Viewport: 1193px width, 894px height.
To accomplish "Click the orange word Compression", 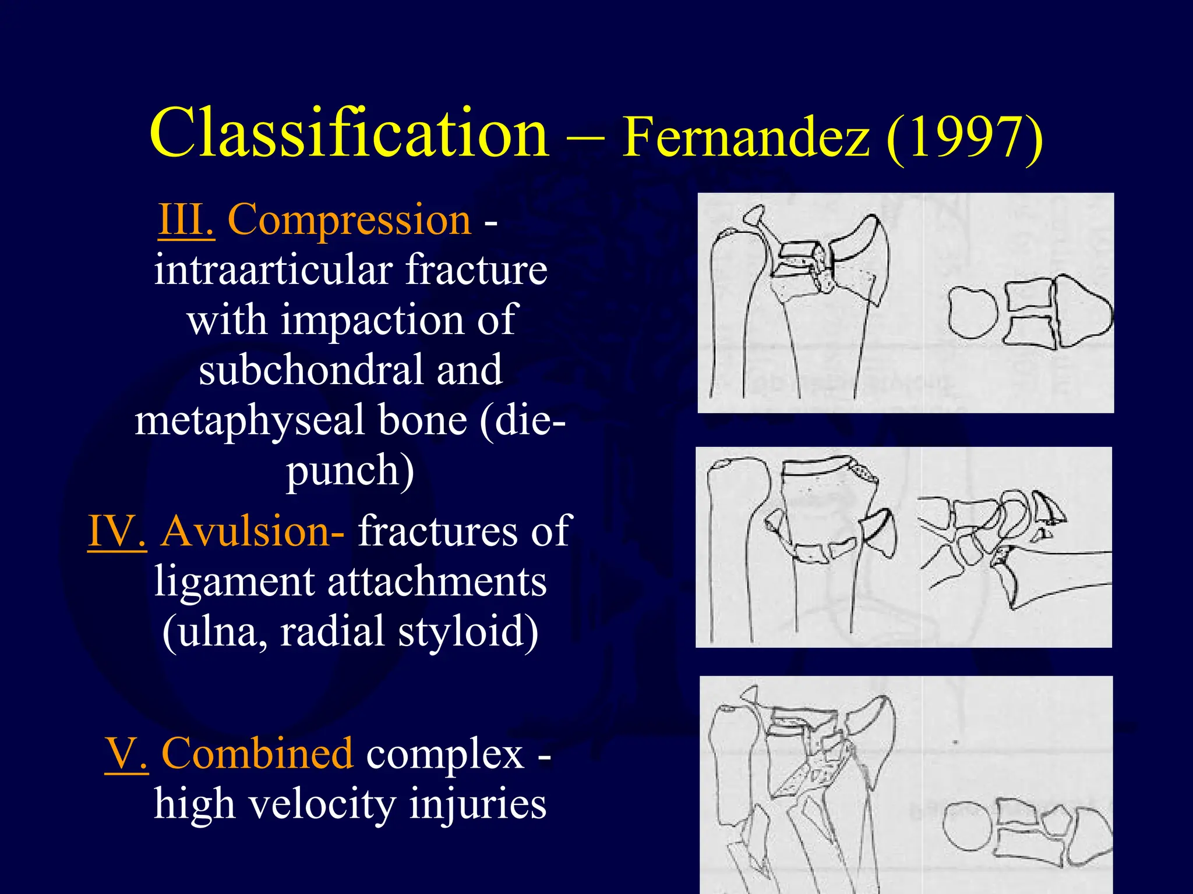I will click(x=349, y=220).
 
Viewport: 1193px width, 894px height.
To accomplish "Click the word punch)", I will click(x=350, y=470).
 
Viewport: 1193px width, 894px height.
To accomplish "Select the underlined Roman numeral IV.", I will click(x=117, y=531).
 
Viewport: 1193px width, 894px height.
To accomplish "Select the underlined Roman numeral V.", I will click(x=126, y=754).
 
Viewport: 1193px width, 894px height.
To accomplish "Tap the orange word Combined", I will click(x=257, y=754).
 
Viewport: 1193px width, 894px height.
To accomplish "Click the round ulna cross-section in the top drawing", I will click(x=972, y=313).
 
